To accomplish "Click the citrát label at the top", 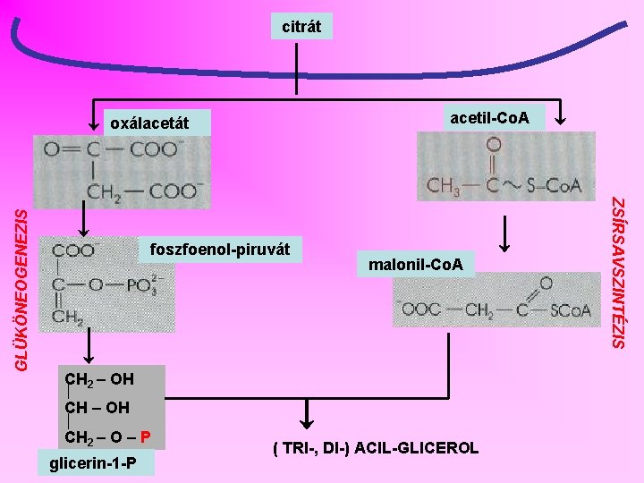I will click(x=302, y=27).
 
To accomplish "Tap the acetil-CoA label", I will click(x=489, y=117).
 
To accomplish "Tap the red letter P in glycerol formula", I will click(x=146, y=437).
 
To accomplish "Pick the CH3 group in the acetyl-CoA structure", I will click(x=445, y=186).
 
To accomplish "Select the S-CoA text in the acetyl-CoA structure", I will click(x=552, y=186).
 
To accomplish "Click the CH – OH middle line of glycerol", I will click(x=97, y=408).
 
